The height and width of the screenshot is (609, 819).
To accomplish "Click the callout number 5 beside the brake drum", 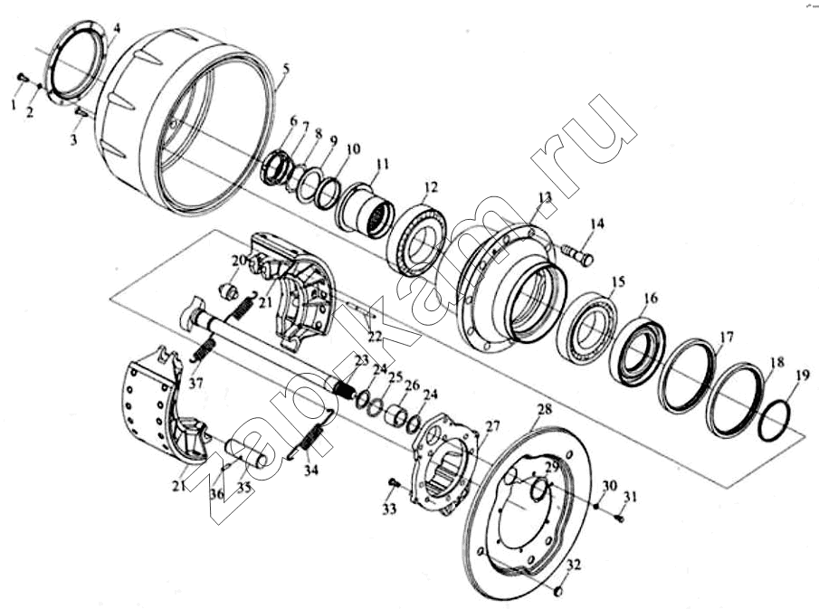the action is tap(286, 69).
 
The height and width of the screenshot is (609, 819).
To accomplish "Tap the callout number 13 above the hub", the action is tap(545, 197).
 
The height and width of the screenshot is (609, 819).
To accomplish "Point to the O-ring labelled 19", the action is tap(775, 421).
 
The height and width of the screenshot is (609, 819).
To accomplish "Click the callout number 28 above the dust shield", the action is tap(544, 409).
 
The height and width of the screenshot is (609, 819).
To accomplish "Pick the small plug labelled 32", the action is tap(557, 591).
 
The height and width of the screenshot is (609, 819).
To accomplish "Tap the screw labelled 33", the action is tap(394, 484).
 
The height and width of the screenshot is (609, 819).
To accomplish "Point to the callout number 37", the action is tap(195, 384).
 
